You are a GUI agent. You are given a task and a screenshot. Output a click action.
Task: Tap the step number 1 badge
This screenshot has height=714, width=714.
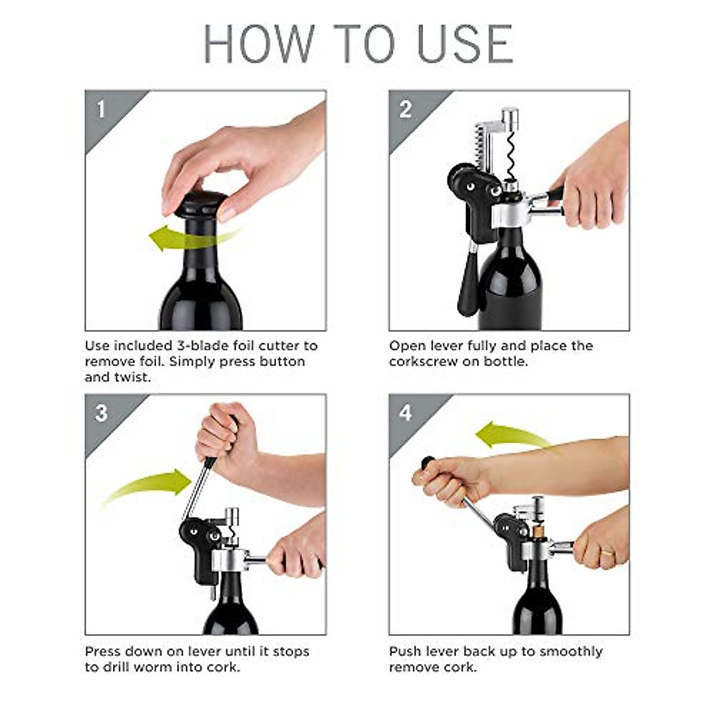click(x=101, y=109)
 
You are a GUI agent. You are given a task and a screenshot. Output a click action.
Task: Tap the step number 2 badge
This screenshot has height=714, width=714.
click(x=406, y=109)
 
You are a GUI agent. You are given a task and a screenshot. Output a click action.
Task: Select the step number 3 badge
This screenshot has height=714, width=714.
click(x=101, y=413)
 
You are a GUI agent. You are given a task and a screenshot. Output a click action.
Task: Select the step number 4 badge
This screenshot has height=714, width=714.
click(x=406, y=413)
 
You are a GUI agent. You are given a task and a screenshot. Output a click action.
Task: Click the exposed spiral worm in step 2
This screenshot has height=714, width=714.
click(x=510, y=155)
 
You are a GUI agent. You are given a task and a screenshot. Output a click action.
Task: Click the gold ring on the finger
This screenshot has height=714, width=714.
click(x=606, y=554)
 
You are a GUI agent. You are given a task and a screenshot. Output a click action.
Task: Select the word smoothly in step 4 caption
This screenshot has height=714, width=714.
click(x=571, y=652)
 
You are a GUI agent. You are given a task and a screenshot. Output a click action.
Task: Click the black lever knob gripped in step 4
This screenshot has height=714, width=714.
click(x=427, y=463)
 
